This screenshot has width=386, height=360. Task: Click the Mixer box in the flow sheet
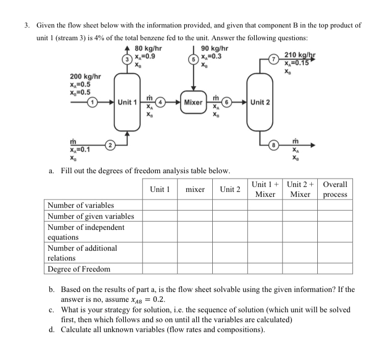192,102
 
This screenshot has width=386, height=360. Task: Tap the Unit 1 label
128,102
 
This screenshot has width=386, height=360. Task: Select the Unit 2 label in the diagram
260,102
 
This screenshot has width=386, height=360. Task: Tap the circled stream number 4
161,102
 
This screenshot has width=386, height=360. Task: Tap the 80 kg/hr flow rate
148,48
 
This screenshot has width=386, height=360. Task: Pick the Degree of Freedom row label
79,269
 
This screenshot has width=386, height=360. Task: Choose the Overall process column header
335,190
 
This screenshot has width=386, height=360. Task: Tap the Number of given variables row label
90,216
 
